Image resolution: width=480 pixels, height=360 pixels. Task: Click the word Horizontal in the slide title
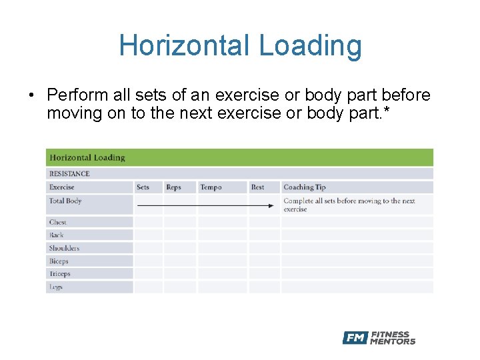[185, 45]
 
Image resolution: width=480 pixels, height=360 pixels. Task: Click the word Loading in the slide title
[310, 47]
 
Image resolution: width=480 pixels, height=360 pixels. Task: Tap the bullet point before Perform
[31, 96]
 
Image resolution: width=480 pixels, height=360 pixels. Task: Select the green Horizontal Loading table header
[87, 158]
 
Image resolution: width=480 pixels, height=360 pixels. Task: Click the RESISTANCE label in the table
[69, 174]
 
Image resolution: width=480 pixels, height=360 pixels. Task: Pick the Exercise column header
[62, 187]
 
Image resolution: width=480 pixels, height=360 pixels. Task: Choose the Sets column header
[143, 187]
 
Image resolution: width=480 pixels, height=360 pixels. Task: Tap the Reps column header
[173, 187]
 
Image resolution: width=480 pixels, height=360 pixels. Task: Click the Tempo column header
[211, 187]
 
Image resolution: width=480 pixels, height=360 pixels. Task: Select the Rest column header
[257, 187]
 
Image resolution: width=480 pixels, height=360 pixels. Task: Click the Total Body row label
[65, 201]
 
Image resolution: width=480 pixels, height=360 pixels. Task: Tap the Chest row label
[58, 222]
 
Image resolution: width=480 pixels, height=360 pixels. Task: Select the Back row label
[57, 235]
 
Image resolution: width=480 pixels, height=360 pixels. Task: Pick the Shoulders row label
[64, 248]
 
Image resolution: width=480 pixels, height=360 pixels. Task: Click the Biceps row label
[59, 261]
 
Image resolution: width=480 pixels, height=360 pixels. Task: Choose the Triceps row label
[60, 274]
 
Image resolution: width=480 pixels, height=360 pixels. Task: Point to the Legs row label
[56, 287]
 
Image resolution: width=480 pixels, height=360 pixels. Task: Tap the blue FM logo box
[355, 338]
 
